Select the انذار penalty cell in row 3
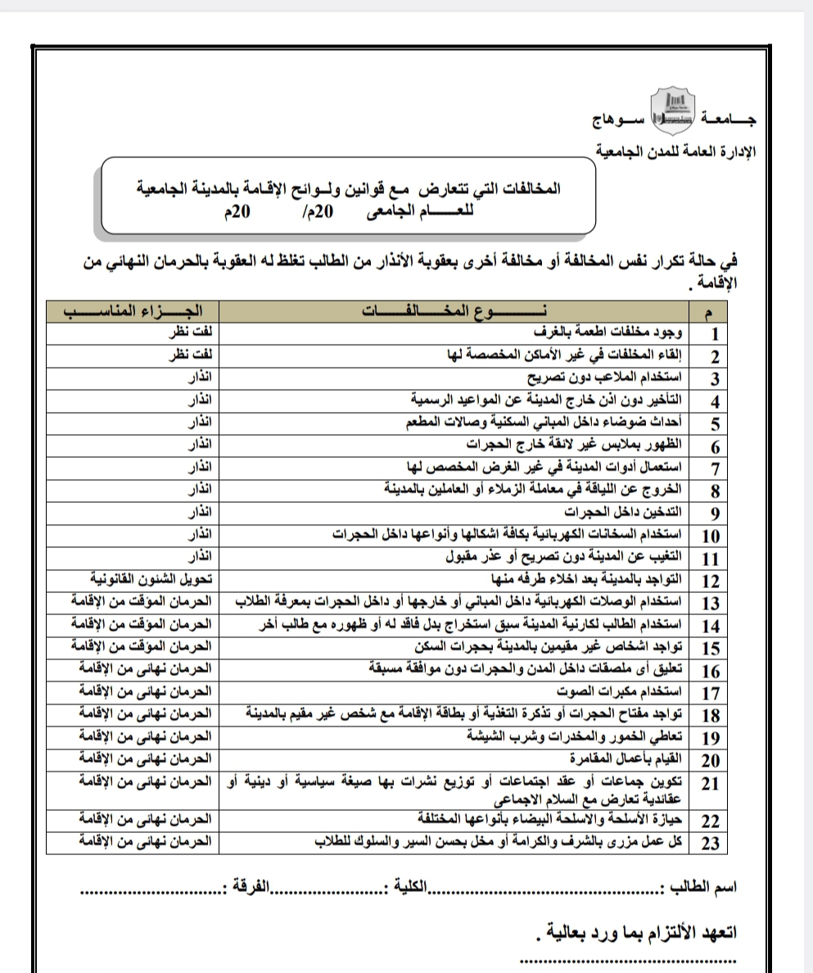pos(201,378)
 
